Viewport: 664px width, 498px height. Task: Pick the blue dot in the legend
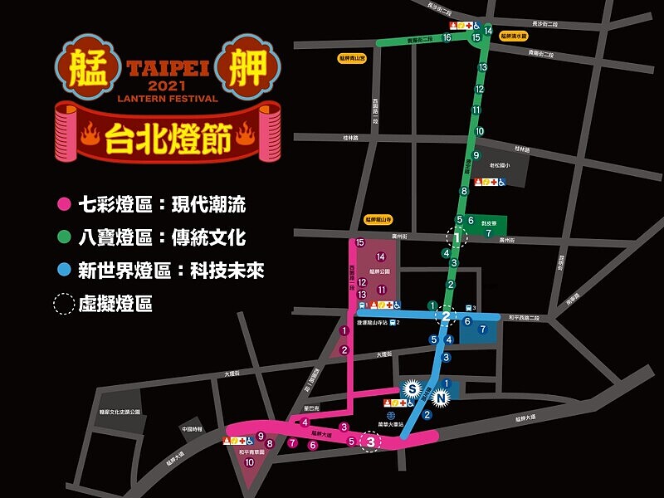61,271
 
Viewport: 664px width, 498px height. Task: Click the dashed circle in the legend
63,304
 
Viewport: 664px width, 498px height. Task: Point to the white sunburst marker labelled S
411,387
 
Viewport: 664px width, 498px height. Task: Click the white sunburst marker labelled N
442,398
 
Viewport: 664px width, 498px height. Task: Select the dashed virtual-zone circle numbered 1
456,237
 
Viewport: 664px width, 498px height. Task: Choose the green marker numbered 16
447,37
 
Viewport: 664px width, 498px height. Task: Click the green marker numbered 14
489,30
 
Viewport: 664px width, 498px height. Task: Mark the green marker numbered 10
479,131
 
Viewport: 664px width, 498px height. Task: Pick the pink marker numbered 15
359,243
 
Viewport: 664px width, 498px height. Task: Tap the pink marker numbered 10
249,462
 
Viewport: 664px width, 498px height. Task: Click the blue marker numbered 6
467,321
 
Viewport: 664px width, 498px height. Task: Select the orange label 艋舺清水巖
518,35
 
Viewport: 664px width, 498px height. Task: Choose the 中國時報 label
192,429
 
